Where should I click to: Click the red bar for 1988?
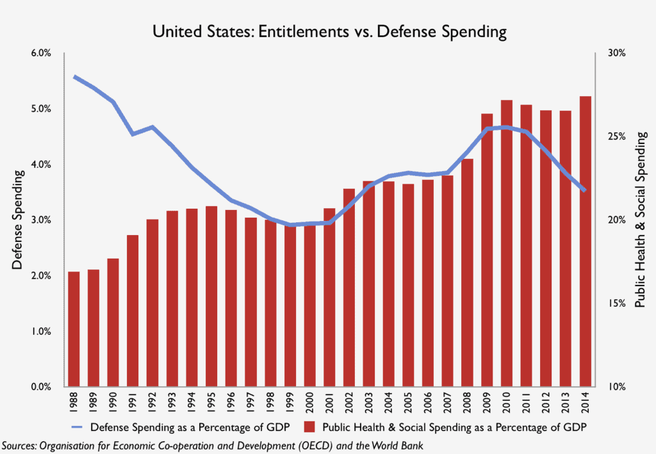point(74,329)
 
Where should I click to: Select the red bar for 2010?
point(506,243)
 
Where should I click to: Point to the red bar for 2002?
point(348,288)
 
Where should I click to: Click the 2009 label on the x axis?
point(487,403)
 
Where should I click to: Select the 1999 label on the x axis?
point(290,403)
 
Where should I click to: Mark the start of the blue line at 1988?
point(74,76)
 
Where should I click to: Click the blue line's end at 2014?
point(584,190)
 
